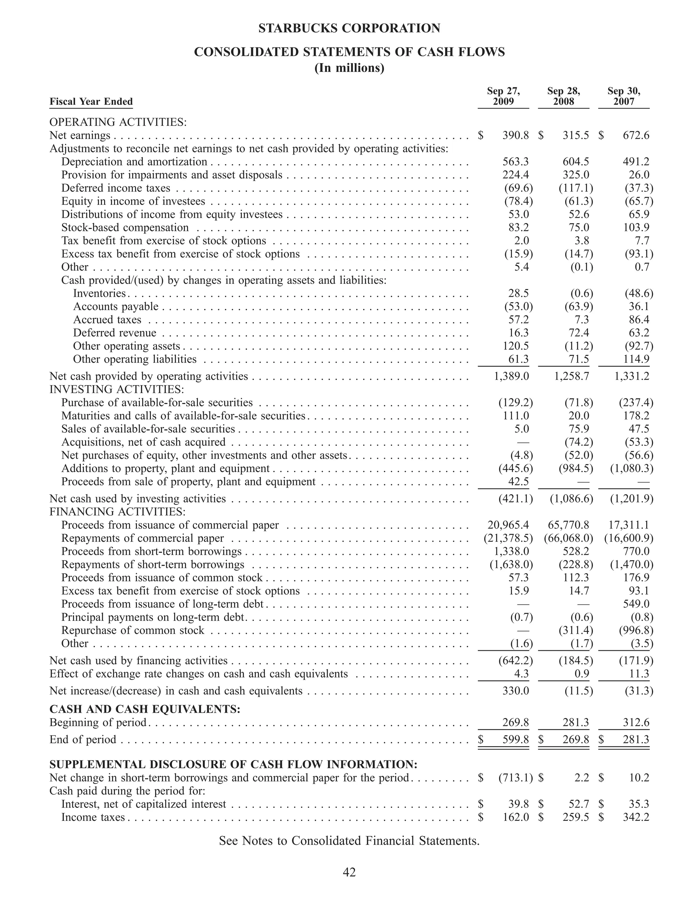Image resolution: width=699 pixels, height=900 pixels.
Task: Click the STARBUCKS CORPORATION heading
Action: pyautogui.click(x=349, y=28)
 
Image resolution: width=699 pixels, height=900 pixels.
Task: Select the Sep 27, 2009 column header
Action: pyautogui.click(x=503, y=96)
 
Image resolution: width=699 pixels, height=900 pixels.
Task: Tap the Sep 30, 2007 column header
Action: pyautogui.click(x=624, y=96)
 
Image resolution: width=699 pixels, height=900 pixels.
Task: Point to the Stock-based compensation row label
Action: pyautogui.click(x=125, y=228)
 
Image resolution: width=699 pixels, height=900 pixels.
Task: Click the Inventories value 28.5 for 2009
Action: pyautogui.click(x=518, y=293)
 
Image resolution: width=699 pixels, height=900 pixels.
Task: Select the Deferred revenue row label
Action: pyautogui.click(x=115, y=333)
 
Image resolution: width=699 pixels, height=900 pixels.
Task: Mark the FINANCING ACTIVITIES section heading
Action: pyautogui.click(x=117, y=512)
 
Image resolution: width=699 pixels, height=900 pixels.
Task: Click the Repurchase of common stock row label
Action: pyautogui.click(x=133, y=630)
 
